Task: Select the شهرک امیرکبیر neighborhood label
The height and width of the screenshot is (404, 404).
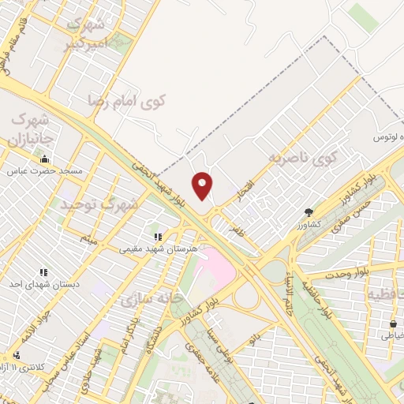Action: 86,35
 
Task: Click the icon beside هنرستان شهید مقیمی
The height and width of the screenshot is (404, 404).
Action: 159,235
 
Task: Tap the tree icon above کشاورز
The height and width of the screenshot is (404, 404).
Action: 307,211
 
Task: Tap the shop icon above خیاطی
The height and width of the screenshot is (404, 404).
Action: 392,323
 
